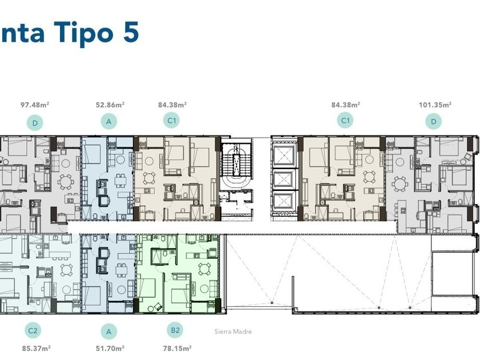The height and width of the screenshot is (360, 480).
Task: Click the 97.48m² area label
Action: point(35,105)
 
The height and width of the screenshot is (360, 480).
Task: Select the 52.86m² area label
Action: point(110,105)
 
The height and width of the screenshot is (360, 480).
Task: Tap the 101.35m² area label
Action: point(435,105)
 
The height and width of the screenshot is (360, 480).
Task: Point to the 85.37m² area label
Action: point(36,349)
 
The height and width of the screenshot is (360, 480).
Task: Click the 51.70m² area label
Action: point(110,349)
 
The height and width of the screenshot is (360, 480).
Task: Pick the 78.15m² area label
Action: point(177,349)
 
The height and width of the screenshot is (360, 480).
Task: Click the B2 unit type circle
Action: point(175,330)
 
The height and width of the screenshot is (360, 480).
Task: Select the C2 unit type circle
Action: point(33,331)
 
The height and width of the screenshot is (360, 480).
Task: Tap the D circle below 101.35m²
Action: point(434,122)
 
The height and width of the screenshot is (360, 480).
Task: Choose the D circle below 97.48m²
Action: point(35,123)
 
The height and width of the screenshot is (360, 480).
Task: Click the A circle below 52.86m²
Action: point(109,122)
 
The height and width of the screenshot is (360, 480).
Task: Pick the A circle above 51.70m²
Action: point(109,331)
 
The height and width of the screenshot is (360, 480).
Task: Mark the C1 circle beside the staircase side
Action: point(172,121)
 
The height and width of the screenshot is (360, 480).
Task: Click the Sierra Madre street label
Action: point(233,331)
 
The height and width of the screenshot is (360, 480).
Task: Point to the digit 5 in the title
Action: point(131,31)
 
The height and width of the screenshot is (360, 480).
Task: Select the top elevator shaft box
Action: point(284,156)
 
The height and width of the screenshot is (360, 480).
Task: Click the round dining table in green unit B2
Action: point(203,269)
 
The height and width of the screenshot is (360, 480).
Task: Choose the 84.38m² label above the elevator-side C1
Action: point(346,105)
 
